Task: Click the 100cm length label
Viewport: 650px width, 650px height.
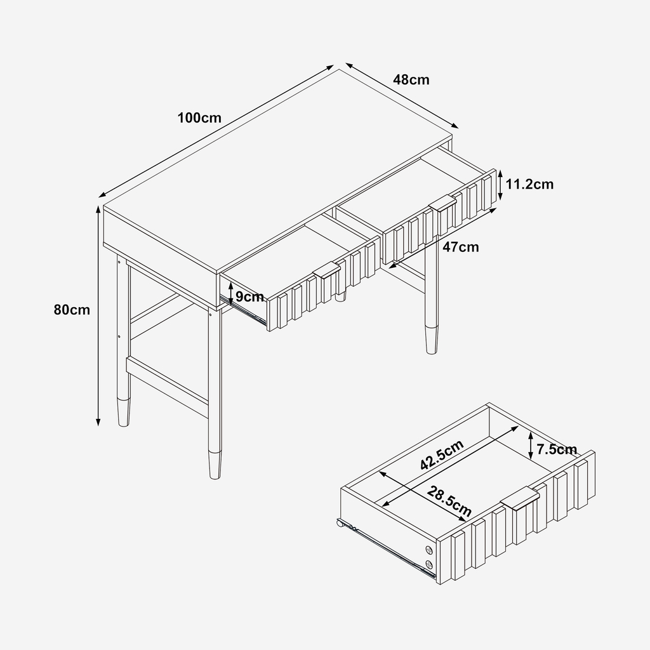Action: (x=199, y=118)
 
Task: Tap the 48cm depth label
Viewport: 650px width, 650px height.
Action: (x=411, y=79)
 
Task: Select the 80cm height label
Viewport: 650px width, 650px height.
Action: (x=72, y=310)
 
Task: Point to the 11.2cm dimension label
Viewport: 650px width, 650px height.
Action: (x=529, y=184)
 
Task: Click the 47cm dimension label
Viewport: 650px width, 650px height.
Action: (x=461, y=247)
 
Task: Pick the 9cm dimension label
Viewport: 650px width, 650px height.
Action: (x=249, y=297)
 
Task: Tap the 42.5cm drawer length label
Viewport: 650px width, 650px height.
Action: (x=442, y=455)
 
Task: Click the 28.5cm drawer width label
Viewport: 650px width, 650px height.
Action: (x=449, y=501)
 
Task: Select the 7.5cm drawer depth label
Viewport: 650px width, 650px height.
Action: (x=557, y=449)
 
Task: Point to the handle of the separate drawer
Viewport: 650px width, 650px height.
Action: (x=521, y=498)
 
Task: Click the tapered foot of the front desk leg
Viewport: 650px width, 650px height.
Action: (x=215, y=465)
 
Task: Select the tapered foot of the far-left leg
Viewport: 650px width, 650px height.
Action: (x=124, y=413)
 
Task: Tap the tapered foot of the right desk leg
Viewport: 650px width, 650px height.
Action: (x=432, y=340)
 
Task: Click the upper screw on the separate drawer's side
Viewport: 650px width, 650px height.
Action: (x=428, y=550)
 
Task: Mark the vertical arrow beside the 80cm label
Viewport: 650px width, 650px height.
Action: (x=98, y=316)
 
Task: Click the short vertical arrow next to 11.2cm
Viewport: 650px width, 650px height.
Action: (x=500, y=185)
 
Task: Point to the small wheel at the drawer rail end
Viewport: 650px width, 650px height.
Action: (x=340, y=524)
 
